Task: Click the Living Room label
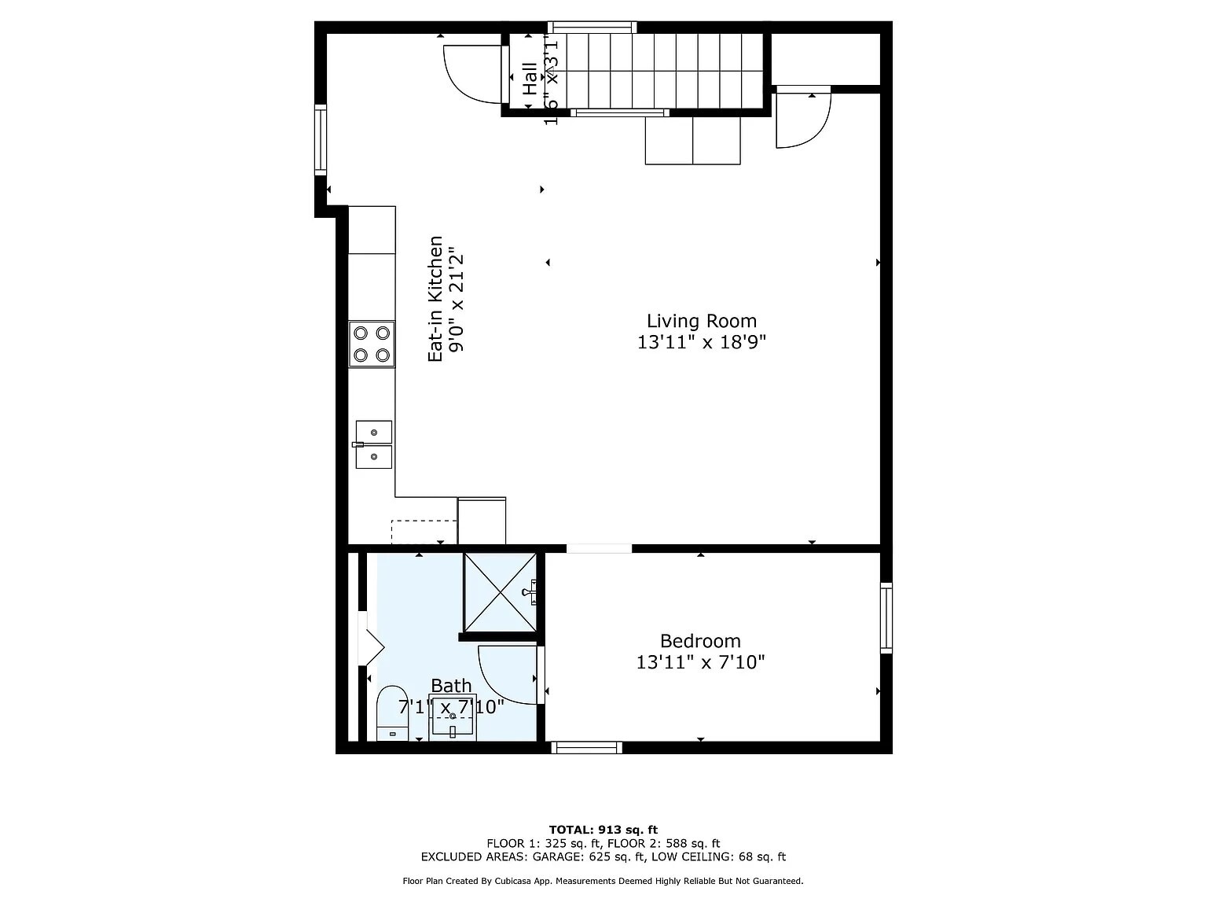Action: pyautogui.click(x=701, y=321)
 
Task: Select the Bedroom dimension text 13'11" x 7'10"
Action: pyautogui.click(x=700, y=662)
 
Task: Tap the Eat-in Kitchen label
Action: pyautogui.click(x=435, y=299)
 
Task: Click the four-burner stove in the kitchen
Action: pyautogui.click(x=372, y=344)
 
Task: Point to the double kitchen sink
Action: pyautogui.click(x=374, y=445)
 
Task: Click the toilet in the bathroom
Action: pyautogui.click(x=391, y=714)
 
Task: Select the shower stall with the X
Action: pyautogui.click(x=500, y=592)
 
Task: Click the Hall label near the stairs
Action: pyautogui.click(x=530, y=78)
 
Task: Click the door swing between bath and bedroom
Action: pyautogui.click(x=507, y=675)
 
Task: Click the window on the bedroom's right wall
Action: pyautogui.click(x=886, y=617)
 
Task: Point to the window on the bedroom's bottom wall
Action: pyautogui.click(x=586, y=747)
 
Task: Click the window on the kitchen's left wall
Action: pyautogui.click(x=321, y=139)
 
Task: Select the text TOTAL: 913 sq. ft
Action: pyautogui.click(x=603, y=829)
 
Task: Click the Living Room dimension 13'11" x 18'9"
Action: pyautogui.click(x=701, y=342)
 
